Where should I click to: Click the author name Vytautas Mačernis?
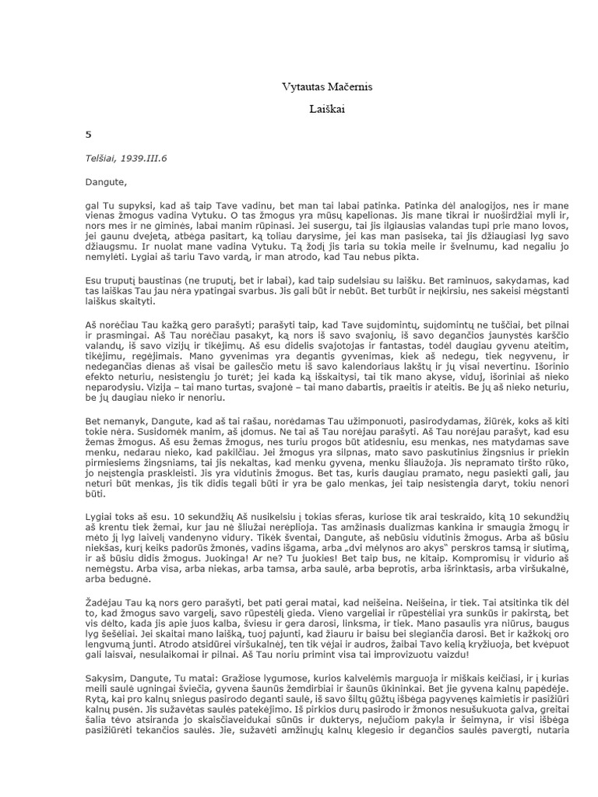point(326,87)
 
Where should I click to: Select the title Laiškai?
point(326,111)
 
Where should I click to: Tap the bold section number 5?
point(89,134)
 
